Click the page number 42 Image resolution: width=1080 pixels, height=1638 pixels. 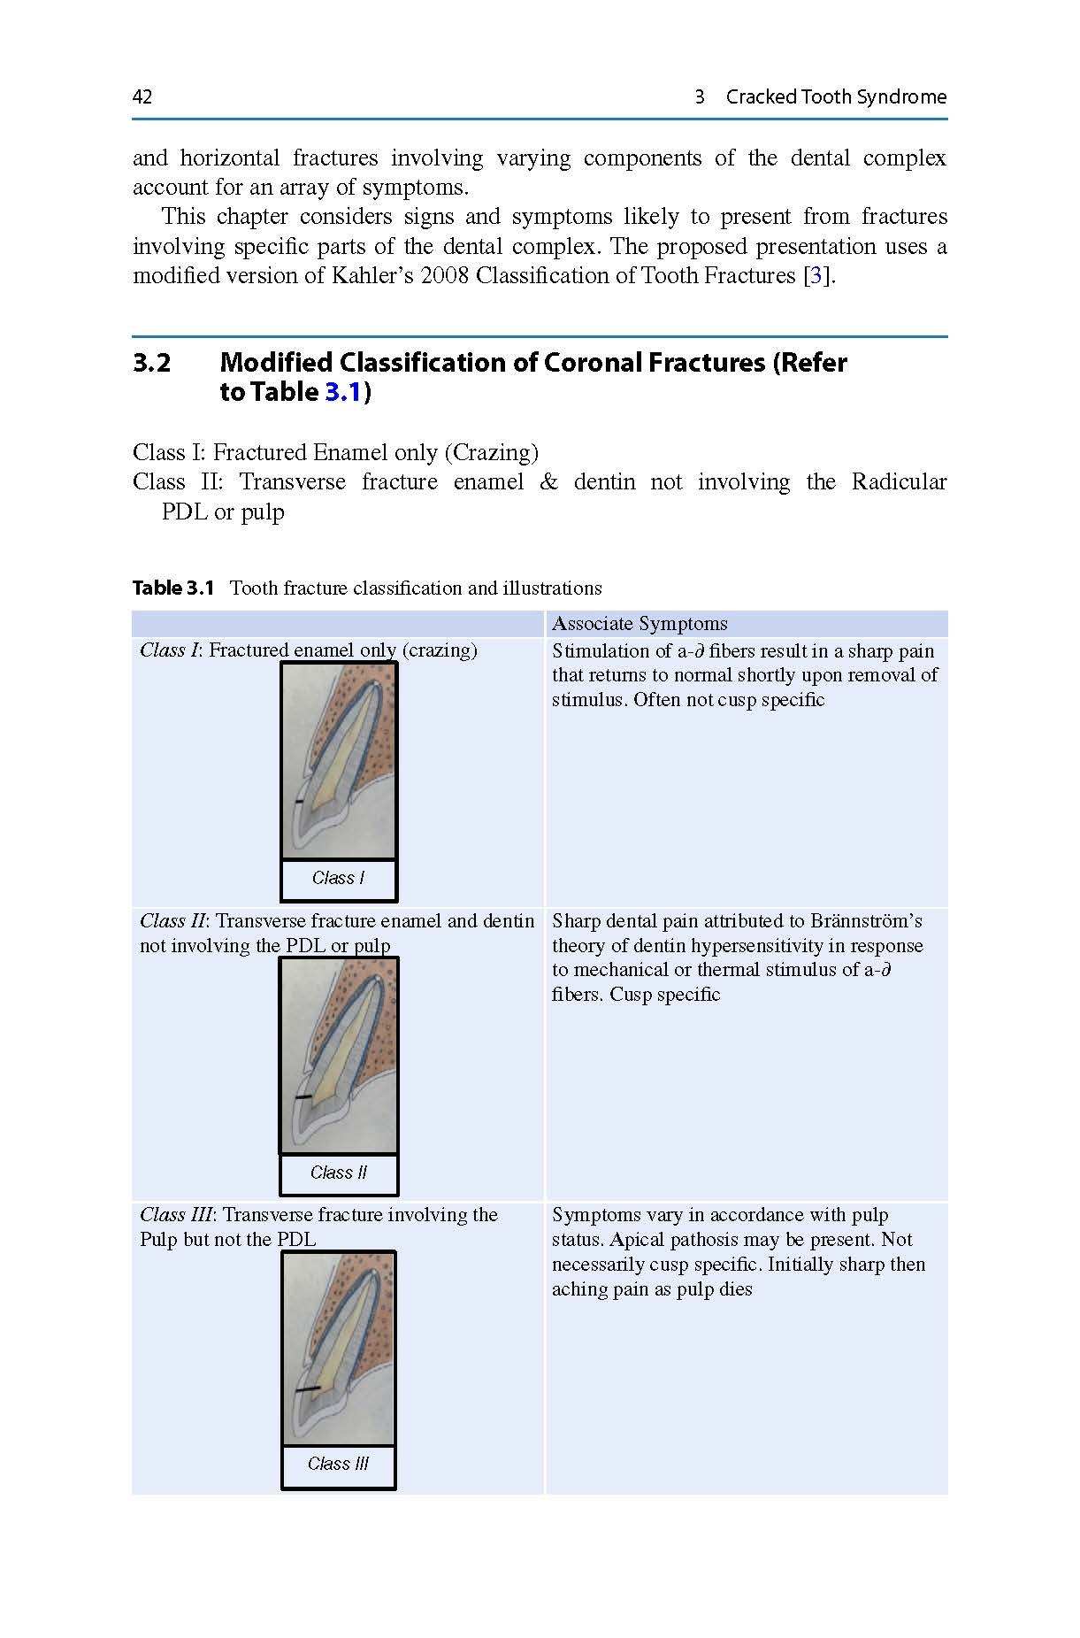142,97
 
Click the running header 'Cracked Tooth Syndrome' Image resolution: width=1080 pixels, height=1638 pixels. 835,97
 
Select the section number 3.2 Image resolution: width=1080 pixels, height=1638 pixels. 151,363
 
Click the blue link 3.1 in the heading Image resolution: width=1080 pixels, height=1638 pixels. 342,392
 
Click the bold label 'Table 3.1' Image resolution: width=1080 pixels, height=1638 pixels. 173,588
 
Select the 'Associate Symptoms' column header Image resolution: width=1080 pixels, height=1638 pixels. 640,624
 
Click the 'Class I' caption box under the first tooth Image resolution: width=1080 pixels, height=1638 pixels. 338,879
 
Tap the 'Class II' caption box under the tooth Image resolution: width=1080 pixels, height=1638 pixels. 338,1173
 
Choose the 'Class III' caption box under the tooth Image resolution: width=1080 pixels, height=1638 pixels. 338,1465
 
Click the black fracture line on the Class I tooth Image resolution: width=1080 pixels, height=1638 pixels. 300,802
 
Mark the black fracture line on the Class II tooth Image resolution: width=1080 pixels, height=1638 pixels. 303,1097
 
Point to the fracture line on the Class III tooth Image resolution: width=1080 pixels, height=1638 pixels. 308,1389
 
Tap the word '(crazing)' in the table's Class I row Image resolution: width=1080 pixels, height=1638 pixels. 440,650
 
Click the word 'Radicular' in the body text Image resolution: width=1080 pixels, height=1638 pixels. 899,482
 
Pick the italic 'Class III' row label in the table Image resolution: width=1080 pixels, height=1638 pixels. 175,1215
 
